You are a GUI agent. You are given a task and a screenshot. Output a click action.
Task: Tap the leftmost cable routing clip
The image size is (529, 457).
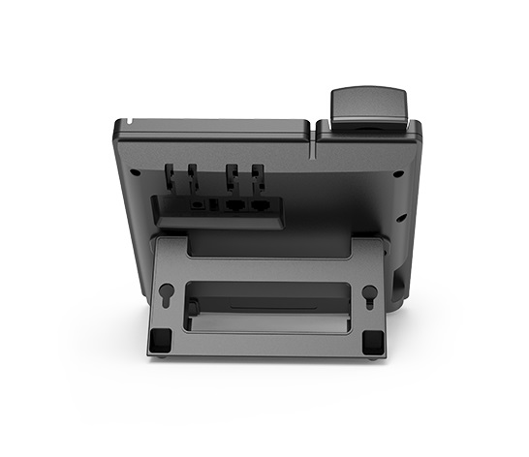coord(171,177)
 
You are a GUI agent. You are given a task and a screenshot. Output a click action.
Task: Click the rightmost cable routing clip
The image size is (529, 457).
coord(257,177)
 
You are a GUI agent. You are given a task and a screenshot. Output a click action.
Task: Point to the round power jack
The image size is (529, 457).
coord(199,204)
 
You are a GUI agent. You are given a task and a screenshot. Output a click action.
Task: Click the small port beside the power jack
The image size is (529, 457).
coord(214,204)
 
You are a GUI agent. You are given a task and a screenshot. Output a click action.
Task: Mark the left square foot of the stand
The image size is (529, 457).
coord(162,339)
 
